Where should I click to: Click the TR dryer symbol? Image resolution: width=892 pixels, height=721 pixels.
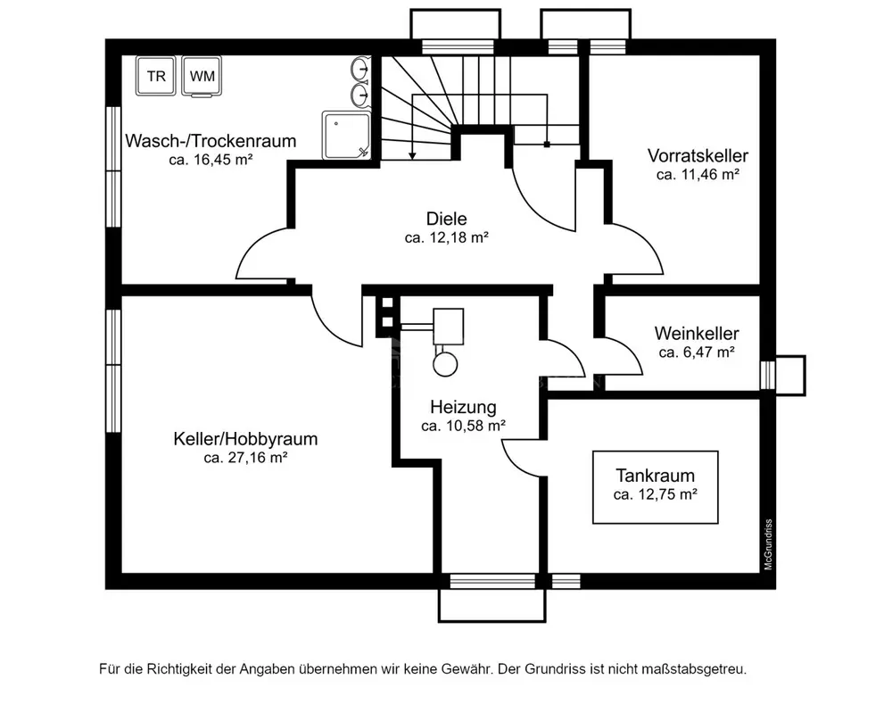(156, 76)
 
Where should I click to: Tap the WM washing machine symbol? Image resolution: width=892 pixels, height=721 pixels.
(202, 76)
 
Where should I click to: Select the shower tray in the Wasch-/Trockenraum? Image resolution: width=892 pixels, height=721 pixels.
(344, 134)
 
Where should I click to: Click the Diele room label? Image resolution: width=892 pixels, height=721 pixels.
(446, 219)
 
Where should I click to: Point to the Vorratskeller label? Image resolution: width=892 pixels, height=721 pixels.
(698, 156)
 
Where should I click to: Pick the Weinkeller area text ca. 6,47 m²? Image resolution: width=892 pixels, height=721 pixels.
(696, 352)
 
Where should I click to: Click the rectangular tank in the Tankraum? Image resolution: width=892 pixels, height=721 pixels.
(655, 486)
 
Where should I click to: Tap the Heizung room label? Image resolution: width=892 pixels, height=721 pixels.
(463, 407)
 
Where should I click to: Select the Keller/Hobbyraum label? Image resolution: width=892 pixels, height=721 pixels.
(245, 439)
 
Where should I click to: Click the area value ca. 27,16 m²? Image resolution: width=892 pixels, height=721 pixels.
(245, 459)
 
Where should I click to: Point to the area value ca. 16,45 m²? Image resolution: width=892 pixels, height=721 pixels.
(211, 161)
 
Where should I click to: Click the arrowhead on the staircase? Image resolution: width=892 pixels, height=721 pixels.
(412, 156)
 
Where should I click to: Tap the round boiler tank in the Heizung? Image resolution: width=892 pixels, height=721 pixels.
(443, 361)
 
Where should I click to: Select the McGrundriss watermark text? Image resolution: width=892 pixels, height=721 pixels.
(767, 544)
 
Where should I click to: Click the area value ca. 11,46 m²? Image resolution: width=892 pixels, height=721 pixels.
(698, 176)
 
